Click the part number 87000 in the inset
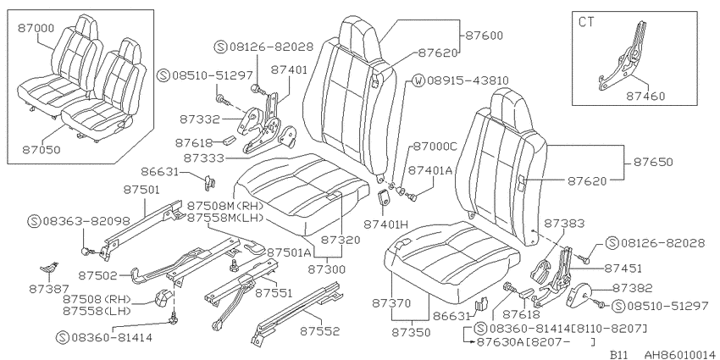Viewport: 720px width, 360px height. click(36, 28)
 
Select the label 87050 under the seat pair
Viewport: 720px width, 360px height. click(42, 150)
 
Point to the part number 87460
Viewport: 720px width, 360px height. click(645, 96)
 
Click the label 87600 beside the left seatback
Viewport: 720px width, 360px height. click(484, 36)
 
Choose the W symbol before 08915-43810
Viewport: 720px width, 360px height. click(418, 80)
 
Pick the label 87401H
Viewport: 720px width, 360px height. click(385, 224)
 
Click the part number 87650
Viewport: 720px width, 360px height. click(653, 162)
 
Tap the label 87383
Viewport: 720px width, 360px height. click(564, 224)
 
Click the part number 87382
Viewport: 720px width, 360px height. click(632, 288)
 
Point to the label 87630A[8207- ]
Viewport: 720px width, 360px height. click(536, 341)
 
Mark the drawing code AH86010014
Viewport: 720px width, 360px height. click(682, 354)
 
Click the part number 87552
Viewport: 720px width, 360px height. click(320, 330)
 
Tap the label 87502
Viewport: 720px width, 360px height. click(97, 275)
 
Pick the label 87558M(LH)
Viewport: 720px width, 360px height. click(225, 218)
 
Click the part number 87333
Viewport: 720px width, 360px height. click(203, 158)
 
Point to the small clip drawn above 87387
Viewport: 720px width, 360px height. click(48, 269)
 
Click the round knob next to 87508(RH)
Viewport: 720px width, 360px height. click(163, 298)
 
